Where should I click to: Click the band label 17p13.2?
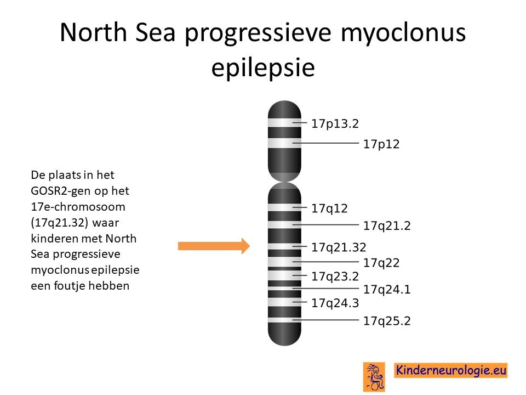tap(335, 123)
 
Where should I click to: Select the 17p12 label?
tap(381, 144)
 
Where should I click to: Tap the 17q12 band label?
tap(329, 208)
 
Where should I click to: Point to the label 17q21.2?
tap(387, 225)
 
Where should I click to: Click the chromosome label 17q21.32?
tap(339, 247)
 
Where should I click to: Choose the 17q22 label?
tap(381, 263)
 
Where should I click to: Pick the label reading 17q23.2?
tap(335, 276)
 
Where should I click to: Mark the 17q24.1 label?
tap(387, 289)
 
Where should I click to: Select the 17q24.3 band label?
tap(335, 303)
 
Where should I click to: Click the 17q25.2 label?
tap(387, 321)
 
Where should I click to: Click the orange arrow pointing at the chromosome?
tap(214, 246)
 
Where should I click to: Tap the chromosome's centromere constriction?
tap(284, 182)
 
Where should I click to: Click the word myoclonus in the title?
tap(403, 33)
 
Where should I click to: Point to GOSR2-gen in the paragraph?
tap(62, 191)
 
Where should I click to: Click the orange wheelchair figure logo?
tap(374, 377)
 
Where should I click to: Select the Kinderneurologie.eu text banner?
tap(450, 370)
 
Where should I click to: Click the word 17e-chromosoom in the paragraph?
tap(78, 207)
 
